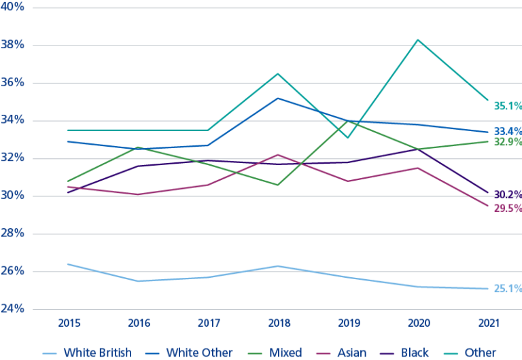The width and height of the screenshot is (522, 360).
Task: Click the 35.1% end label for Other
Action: [508, 105]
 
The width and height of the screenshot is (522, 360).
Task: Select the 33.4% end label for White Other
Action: [508, 131]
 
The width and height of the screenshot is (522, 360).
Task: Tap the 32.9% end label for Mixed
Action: [508, 143]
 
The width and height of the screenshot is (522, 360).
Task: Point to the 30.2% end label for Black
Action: [508, 194]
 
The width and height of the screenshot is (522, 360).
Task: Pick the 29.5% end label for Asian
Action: [508, 208]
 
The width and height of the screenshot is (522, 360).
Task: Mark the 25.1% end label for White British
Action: [508, 289]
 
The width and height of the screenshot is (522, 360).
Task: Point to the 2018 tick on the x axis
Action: [277, 323]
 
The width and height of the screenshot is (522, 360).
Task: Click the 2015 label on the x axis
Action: [68, 323]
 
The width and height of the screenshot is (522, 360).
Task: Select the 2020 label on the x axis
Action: [417, 323]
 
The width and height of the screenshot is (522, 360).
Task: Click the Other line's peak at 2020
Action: [417, 39]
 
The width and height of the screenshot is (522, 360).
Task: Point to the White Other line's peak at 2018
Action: [277, 98]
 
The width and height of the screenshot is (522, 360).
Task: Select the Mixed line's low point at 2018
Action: [277, 185]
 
